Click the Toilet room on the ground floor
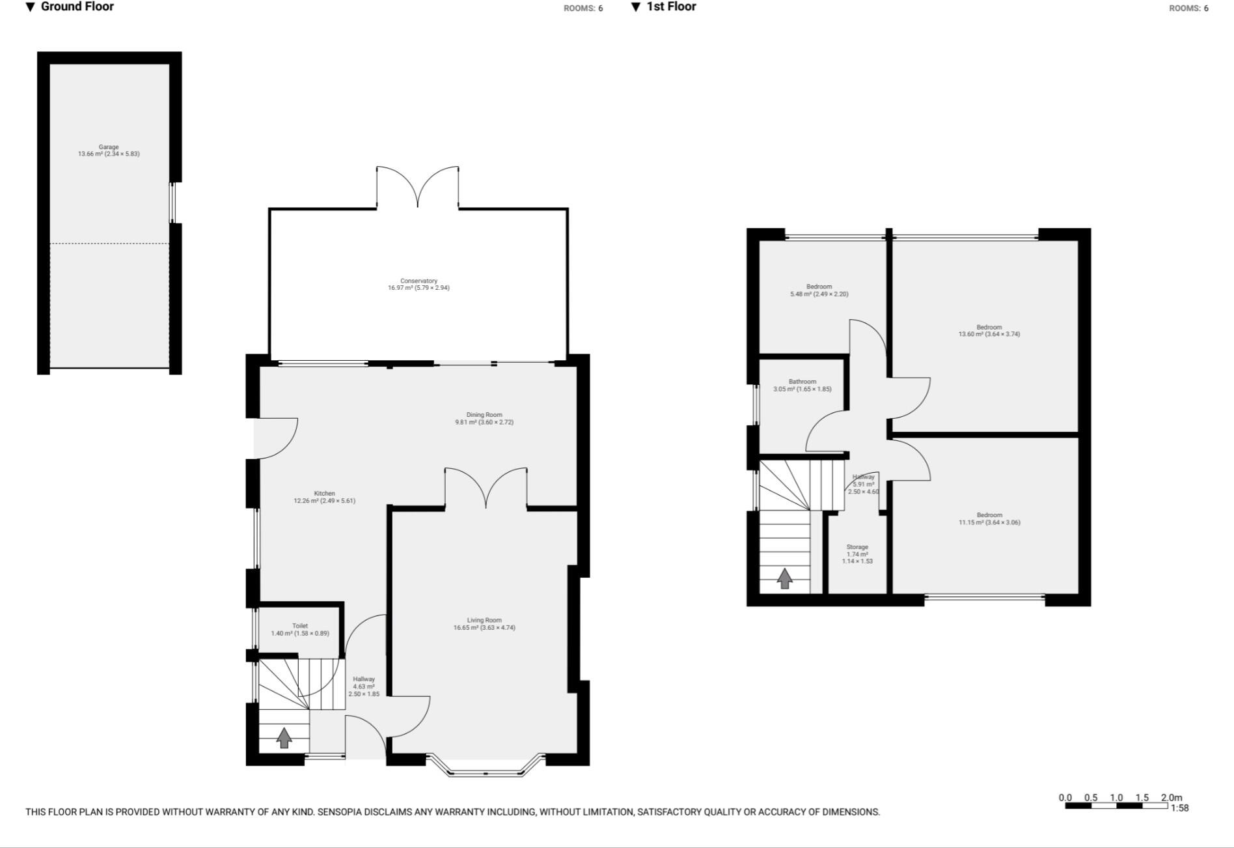tap(300, 629)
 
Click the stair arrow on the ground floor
tap(284, 738)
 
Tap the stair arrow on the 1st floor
tap(785, 578)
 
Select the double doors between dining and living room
tap(486, 488)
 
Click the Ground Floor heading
tap(77, 7)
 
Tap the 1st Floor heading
tap(671, 7)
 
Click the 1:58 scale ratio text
tap(1179, 808)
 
